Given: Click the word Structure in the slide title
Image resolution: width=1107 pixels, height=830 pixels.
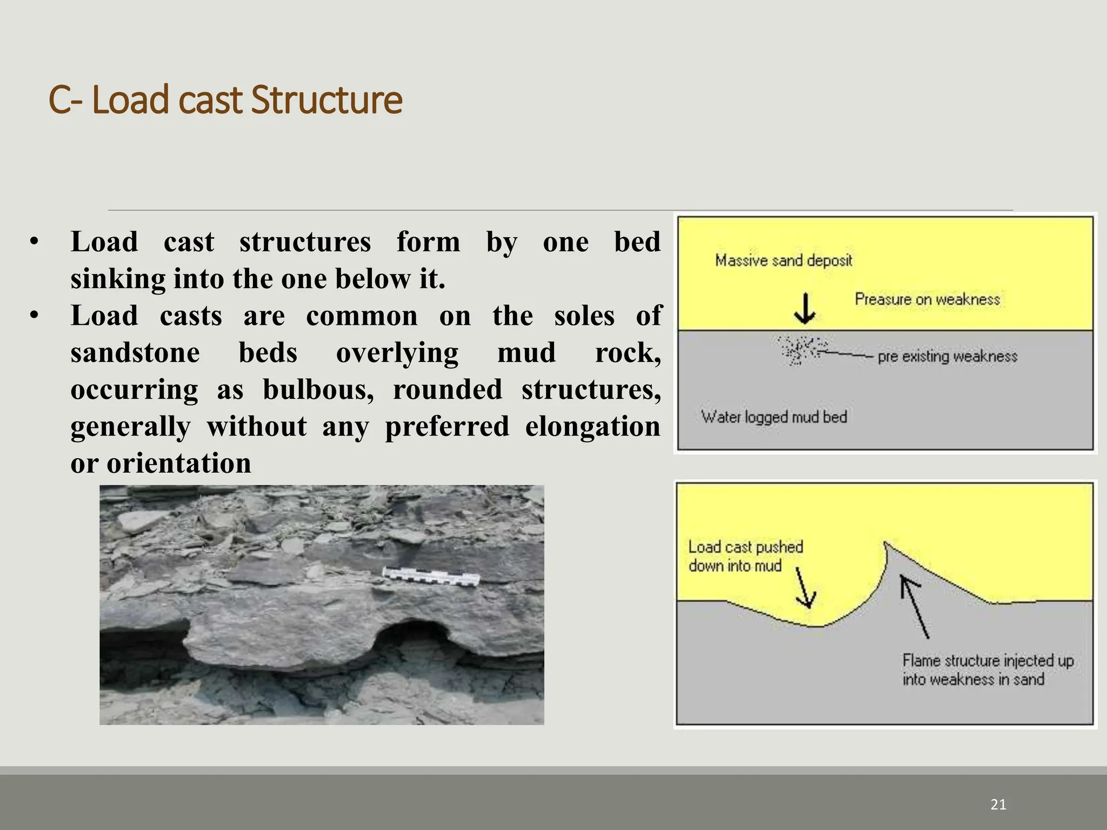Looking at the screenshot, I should (326, 101).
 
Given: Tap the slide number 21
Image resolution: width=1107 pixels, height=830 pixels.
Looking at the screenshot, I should (998, 805).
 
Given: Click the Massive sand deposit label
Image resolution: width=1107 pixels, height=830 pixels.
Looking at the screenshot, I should (783, 260).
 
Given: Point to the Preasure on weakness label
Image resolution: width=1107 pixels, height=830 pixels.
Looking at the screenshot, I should (927, 299).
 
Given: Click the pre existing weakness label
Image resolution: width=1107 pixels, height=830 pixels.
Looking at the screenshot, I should (947, 357).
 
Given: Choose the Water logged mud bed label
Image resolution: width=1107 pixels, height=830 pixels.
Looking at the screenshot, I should (773, 417).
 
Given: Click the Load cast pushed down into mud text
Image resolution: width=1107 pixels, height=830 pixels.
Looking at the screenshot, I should (745, 556).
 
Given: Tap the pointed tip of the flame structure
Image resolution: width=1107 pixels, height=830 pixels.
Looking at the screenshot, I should (885, 544).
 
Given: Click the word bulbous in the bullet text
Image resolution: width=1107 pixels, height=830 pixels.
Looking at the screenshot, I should (318, 390).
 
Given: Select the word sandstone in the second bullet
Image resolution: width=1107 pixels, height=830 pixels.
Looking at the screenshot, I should (135, 353).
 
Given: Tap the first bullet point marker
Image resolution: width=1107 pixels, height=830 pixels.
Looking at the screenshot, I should (34, 243).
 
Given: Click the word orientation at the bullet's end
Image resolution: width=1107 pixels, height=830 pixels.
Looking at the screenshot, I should (179, 464).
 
